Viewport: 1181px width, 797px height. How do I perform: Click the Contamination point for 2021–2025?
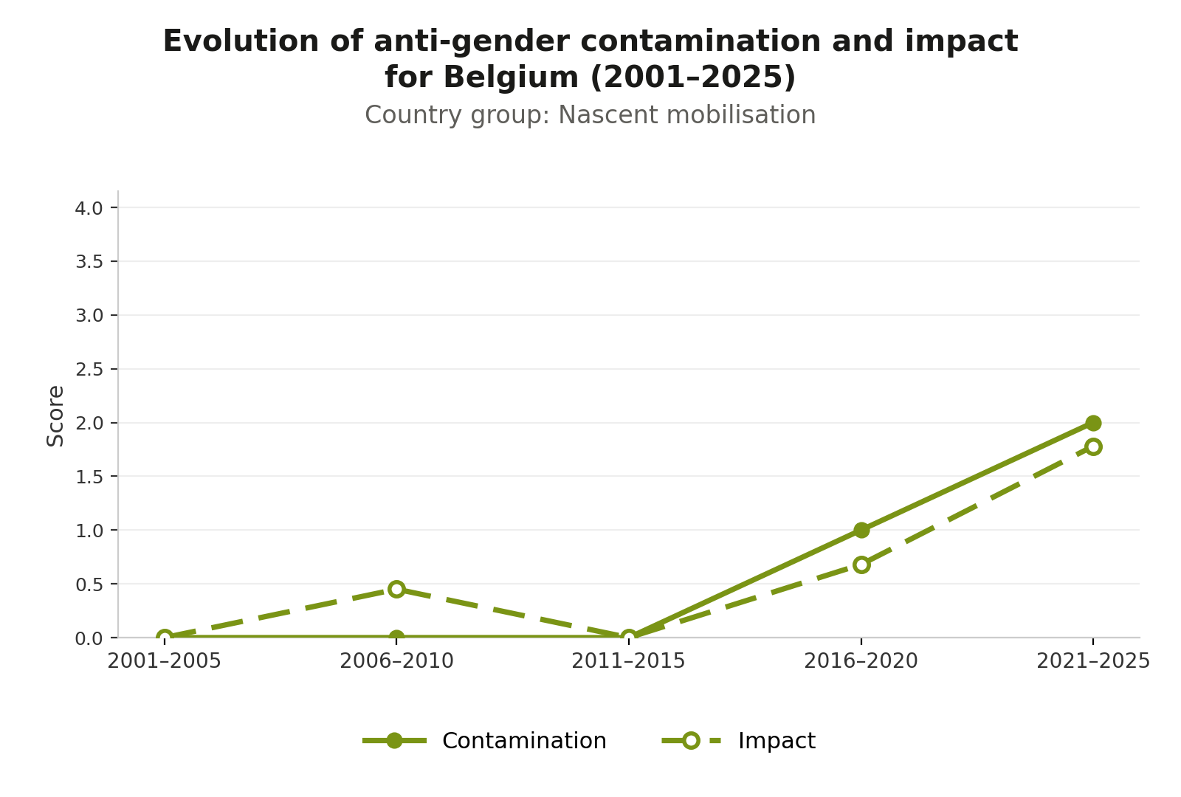tap(1093, 423)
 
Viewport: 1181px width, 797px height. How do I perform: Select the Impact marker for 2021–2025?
tap(1093, 447)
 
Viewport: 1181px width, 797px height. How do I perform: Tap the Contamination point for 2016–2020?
tap(861, 531)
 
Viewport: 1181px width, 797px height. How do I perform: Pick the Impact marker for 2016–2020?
tap(861, 565)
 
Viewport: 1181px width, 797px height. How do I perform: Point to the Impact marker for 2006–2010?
tap(396, 590)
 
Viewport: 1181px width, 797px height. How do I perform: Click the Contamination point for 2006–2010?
tap(396, 638)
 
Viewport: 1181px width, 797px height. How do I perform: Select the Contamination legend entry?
tap(484, 741)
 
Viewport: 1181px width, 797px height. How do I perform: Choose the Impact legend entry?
tap(739, 741)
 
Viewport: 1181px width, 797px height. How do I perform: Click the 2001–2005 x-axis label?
tap(164, 661)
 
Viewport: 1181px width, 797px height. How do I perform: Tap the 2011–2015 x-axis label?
tap(628, 661)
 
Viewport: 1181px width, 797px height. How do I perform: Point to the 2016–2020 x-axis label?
tap(861, 661)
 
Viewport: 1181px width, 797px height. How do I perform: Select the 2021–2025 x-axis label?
tap(1093, 661)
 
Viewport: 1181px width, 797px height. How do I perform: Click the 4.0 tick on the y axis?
tap(89, 208)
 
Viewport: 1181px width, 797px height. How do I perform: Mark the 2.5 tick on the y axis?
tap(89, 370)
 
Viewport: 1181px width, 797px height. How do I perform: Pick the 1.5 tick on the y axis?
tap(89, 477)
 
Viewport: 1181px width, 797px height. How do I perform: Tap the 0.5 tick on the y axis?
tap(89, 584)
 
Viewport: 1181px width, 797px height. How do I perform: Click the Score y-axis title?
tap(55, 416)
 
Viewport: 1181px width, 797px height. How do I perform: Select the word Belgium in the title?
tap(511, 77)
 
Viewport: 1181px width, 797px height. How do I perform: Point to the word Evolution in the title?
tap(241, 41)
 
